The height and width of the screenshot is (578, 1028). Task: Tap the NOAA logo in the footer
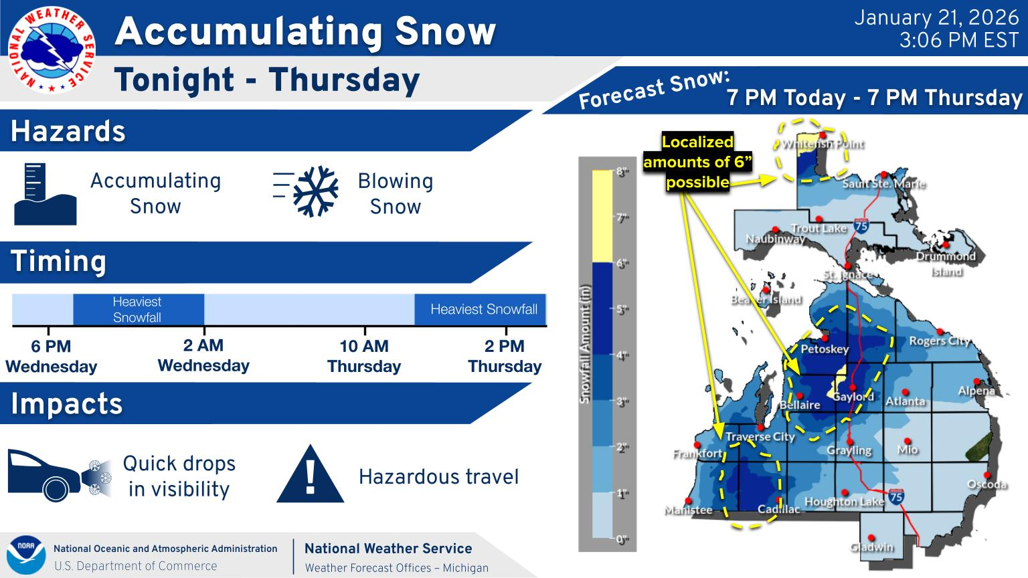(25, 555)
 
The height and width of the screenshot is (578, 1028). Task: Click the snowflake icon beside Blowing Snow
(315, 191)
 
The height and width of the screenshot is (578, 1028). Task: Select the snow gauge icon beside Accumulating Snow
(45, 194)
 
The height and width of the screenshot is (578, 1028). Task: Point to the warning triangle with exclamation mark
(311, 474)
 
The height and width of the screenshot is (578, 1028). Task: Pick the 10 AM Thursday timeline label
(364, 356)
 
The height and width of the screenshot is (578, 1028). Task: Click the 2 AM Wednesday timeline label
(203, 355)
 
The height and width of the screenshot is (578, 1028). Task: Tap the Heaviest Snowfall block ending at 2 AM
(139, 309)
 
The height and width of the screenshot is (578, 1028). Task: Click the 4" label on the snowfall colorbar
(622, 355)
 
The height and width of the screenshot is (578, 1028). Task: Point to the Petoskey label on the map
(825, 349)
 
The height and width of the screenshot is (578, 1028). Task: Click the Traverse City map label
(760, 437)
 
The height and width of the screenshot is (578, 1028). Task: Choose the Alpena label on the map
(976, 391)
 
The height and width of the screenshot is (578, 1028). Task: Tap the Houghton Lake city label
(844, 502)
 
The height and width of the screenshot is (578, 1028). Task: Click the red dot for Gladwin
(871, 538)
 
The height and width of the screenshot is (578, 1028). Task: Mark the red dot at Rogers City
(940, 332)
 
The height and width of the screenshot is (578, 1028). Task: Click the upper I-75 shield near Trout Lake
(861, 225)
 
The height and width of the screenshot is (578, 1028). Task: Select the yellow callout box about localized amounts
(697, 162)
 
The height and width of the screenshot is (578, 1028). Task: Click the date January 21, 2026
(936, 18)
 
